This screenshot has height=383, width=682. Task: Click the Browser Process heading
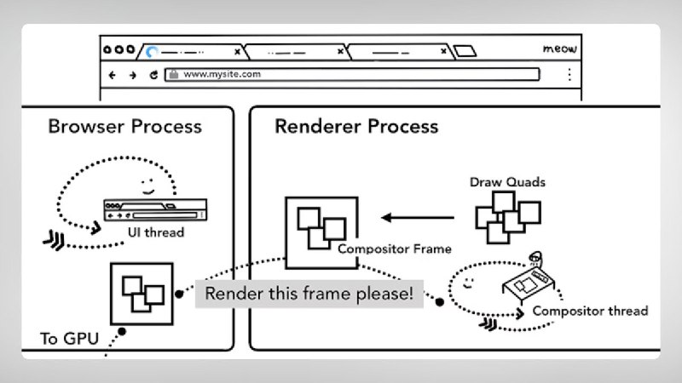(124, 127)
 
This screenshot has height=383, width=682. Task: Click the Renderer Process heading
(356, 127)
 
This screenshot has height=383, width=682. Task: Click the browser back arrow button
(113, 75)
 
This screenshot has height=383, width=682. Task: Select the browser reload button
(153, 75)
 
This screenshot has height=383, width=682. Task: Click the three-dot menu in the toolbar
(569, 75)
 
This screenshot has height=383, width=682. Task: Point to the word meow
(559, 49)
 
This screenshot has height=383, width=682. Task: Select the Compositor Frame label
(394, 249)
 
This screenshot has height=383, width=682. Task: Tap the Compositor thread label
(590, 311)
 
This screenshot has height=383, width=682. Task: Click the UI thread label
(156, 232)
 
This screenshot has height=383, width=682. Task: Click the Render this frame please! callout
(309, 294)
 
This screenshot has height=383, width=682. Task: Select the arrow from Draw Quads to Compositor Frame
(421, 218)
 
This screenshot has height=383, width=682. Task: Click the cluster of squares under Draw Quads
(508, 217)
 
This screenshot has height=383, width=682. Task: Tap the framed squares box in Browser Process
(142, 294)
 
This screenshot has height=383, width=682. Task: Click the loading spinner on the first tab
(153, 51)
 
